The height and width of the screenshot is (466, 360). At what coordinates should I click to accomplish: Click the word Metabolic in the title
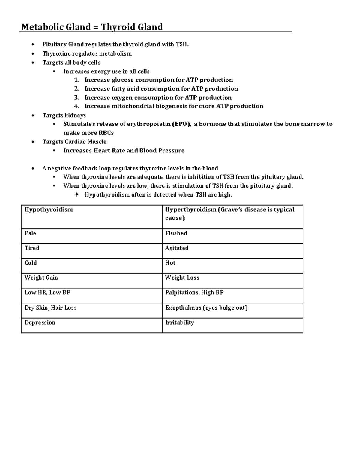[40, 27]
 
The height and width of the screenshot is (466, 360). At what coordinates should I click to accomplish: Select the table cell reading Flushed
[176, 233]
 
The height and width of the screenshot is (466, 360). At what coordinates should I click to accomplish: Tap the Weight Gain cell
[41, 278]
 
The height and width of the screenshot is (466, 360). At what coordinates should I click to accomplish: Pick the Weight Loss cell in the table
[182, 278]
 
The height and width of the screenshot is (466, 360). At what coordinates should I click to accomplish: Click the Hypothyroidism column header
[49, 209]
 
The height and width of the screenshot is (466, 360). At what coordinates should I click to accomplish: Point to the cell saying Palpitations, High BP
[194, 293]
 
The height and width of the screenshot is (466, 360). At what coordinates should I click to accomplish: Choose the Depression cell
[40, 323]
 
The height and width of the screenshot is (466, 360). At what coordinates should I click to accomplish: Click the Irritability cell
[180, 323]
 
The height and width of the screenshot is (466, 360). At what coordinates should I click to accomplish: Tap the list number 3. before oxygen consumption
[76, 98]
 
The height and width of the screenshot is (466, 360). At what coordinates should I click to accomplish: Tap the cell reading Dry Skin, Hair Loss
[50, 308]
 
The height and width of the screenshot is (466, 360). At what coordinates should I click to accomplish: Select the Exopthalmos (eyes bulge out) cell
[206, 308]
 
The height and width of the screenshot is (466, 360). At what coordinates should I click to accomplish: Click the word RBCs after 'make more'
[106, 133]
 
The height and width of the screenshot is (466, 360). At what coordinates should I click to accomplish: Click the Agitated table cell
[177, 248]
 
